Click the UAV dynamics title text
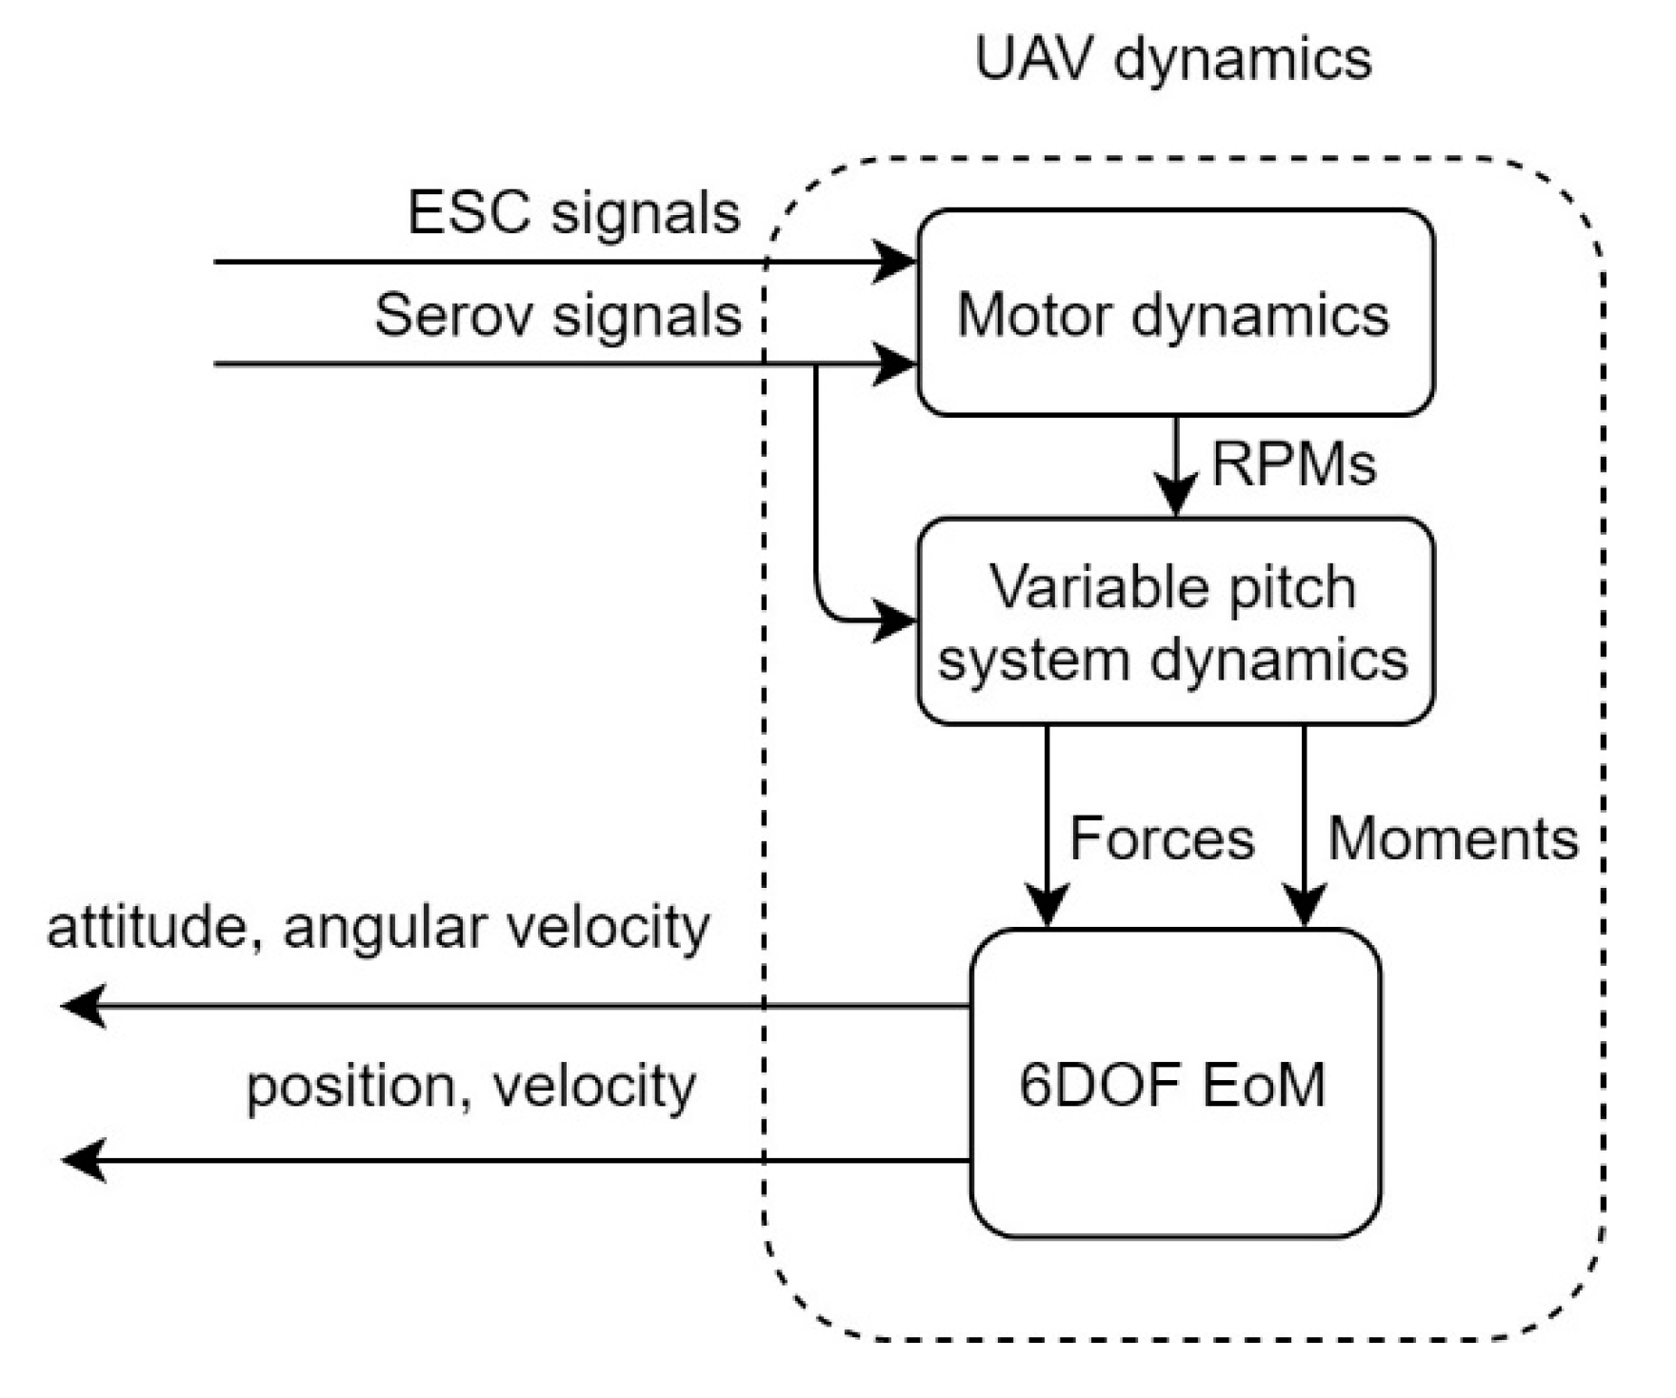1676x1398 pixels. click(x=1173, y=59)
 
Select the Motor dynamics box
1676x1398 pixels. click(x=1175, y=313)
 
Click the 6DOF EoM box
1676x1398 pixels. click(x=1175, y=1084)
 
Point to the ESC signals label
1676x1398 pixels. click(x=573, y=212)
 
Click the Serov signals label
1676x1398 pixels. click(x=558, y=315)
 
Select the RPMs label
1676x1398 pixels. click(x=1293, y=465)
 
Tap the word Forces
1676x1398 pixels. click(x=1162, y=838)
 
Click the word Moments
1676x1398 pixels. click(x=1453, y=838)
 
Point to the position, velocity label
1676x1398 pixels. click(x=471, y=1086)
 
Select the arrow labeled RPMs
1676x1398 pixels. click(x=1177, y=466)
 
